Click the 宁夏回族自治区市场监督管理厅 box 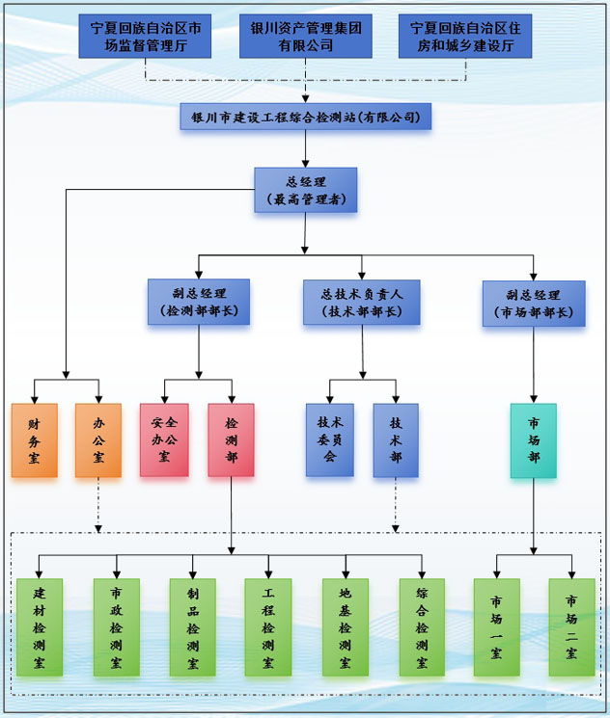(145, 36)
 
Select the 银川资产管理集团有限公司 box (305, 36)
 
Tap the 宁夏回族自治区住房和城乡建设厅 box (465, 36)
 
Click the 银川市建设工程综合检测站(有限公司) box (305, 117)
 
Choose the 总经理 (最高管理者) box (305, 191)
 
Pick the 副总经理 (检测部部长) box (199, 303)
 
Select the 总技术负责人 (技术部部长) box (362, 303)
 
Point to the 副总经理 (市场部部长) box (534, 303)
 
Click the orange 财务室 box (35, 439)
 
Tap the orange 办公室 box (98, 439)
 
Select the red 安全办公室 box (163, 439)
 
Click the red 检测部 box (231, 439)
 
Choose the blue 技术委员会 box (330, 439)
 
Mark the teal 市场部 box (534, 439)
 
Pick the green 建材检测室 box (40, 626)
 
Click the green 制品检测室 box (192, 626)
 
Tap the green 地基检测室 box (346, 626)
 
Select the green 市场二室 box (571, 626)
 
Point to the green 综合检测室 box (422, 626)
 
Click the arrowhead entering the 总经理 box (305, 164)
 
